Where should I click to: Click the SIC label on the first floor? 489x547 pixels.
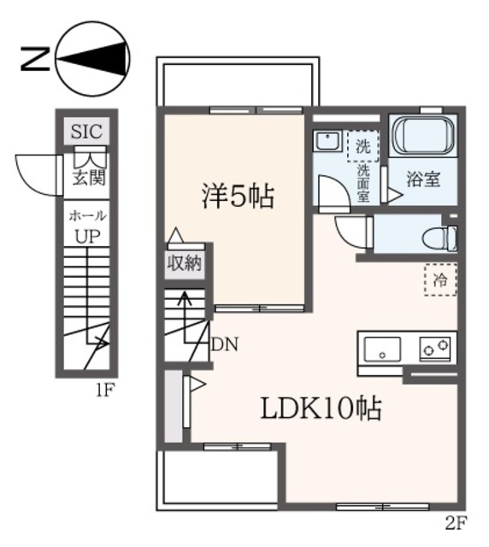[x=85, y=132]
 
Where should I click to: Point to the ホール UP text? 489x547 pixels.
[x=86, y=227]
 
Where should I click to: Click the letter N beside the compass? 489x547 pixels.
[x=32, y=58]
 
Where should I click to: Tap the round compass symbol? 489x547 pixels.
[x=93, y=59]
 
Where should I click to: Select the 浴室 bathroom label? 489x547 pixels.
[x=422, y=179]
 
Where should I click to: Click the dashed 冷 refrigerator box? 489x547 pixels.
[x=440, y=279]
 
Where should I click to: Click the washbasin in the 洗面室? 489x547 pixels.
[x=327, y=141]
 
